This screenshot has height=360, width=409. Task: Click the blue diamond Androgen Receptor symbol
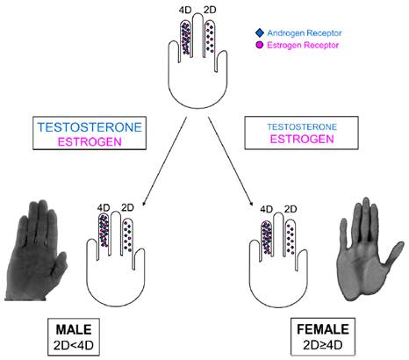point(260,32)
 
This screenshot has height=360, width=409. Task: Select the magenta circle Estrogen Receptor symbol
point(259,46)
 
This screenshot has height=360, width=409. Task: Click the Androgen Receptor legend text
point(305,33)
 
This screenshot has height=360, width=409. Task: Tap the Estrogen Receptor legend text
point(303,46)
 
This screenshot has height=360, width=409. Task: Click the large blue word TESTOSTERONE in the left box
point(90,127)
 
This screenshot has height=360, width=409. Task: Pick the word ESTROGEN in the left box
point(90,142)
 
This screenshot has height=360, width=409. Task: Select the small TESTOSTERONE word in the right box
point(302,127)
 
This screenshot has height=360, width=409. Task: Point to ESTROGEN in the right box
point(302,139)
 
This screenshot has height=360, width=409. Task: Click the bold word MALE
point(74,329)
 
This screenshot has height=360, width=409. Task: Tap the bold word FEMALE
point(323,329)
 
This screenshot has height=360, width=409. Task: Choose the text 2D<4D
point(74,345)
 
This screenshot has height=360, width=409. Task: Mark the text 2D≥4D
point(323,345)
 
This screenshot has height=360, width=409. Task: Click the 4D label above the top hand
point(185,10)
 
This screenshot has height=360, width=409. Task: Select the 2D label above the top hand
point(210,10)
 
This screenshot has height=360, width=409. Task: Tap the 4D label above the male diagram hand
point(104,208)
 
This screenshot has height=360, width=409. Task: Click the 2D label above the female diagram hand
point(291,209)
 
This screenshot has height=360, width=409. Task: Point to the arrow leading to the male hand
point(164,162)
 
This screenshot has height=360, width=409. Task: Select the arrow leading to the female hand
point(231,162)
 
